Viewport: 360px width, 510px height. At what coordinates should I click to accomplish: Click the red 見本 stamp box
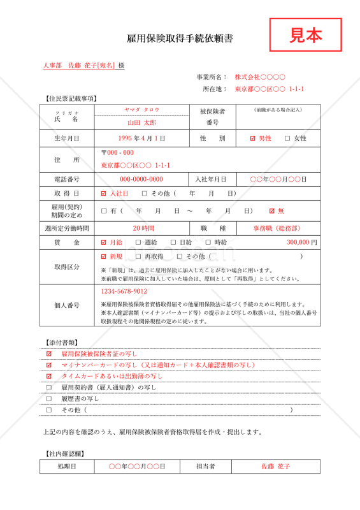(x=305, y=35)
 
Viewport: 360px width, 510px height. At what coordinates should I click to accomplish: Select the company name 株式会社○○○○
(x=256, y=77)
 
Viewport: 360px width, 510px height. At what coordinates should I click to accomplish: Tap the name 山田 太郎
(x=141, y=122)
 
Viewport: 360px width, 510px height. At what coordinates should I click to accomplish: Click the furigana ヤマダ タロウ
(x=141, y=110)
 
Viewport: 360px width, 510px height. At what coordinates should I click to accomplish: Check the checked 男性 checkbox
(x=253, y=138)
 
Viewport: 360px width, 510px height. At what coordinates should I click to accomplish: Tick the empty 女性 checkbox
(x=287, y=138)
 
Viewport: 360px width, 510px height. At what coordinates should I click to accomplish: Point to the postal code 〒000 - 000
(x=118, y=152)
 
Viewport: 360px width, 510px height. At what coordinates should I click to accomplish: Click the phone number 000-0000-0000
(x=141, y=179)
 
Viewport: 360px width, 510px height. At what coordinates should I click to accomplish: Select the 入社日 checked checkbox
(x=104, y=193)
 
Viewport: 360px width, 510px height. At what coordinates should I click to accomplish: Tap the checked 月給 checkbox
(x=104, y=242)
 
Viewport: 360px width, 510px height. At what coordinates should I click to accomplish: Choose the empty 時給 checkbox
(x=208, y=242)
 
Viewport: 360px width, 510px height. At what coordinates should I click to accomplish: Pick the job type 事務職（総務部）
(x=277, y=228)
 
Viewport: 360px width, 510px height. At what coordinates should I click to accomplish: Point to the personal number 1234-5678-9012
(x=124, y=291)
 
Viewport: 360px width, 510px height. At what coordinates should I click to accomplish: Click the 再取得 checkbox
(x=138, y=256)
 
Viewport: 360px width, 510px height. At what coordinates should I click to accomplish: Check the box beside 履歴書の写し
(x=49, y=398)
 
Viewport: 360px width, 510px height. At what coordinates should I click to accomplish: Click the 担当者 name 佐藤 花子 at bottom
(x=275, y=467)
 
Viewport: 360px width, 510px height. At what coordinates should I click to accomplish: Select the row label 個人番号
(x=67, y=305)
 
